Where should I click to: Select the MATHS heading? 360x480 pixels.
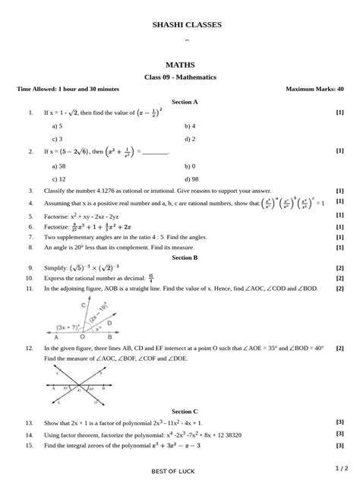tap(180, 65)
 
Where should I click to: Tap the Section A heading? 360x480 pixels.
tap(185, 101)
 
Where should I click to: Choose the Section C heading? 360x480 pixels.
tap(185, 411)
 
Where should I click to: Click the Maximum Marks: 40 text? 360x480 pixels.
tap(314, 89)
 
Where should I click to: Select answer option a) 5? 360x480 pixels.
tap(57, 126)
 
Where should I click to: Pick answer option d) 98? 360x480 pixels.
tap(190, 179)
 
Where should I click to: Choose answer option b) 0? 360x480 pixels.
tap(189, 166)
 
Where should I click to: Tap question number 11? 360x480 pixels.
tap(30, 289)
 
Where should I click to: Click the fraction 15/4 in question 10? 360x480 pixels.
tap(152, 279)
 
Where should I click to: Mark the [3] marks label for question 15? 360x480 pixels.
tap(339, 445)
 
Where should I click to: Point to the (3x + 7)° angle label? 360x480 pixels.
tap(70, 327)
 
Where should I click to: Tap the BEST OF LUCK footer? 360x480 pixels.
tap(173, 472)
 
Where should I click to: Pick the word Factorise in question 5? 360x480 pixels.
tap(57, 216)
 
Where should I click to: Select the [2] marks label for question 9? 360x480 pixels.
tap(339, 268)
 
